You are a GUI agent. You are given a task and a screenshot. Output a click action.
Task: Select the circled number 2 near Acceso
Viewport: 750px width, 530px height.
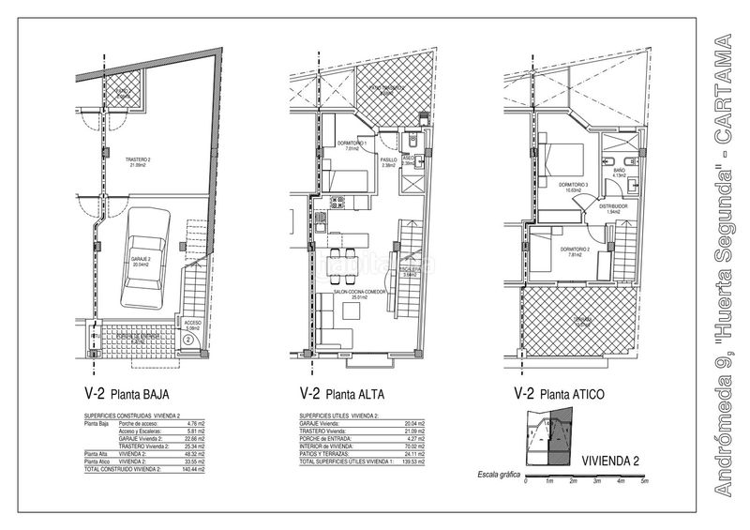point(188,340)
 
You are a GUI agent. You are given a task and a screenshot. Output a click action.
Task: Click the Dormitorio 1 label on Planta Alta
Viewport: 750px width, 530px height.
point(352,145)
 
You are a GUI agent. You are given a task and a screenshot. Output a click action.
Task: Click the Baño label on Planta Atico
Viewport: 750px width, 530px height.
point(619,172)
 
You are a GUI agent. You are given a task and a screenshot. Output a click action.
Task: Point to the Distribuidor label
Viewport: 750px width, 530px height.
point(613,207)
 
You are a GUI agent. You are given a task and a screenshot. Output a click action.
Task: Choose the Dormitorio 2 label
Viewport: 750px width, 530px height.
point(574,250)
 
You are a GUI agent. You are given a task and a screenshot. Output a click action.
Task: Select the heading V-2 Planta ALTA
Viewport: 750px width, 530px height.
point(342,393)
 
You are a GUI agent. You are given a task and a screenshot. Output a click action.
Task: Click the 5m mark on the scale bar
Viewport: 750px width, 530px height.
point(645,480)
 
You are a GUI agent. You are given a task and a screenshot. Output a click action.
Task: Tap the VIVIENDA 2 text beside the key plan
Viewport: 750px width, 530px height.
point(610,460)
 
